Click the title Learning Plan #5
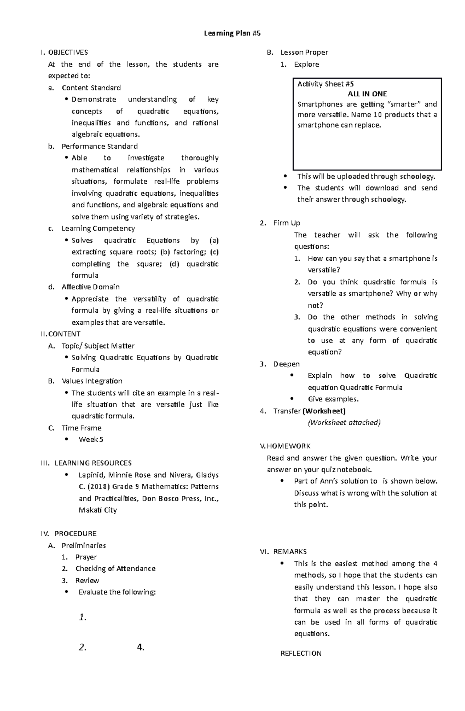(232, 33)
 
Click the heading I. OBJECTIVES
(65, 52)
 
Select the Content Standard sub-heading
(91, 88)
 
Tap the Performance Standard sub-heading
(100, 146)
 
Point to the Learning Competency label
(98, 229)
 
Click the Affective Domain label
(90, 287)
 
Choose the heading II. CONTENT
(61, 334)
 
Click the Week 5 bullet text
(91, 440)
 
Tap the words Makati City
(98, 510)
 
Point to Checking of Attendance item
(115, 569)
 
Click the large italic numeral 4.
(140, 647)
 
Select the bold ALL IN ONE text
(367, 94)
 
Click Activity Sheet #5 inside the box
(325, 84)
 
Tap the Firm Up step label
(286, 223)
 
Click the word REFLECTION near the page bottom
(301, 654)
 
